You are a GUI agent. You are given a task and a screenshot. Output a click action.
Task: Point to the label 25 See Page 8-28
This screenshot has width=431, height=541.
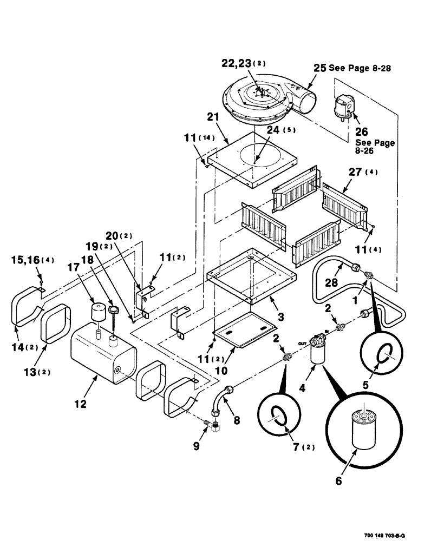click(352, 69)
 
